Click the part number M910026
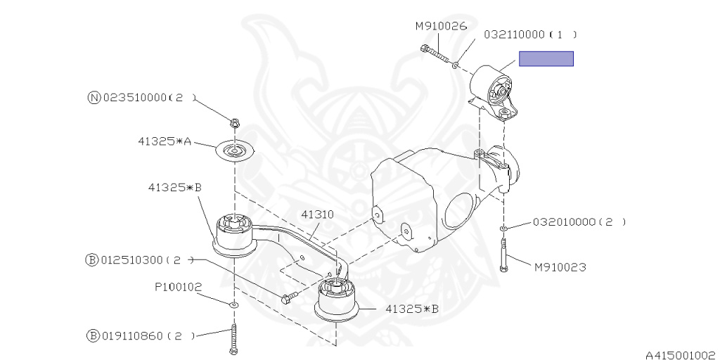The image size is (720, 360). (441, 27)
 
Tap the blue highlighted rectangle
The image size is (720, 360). (546, 59)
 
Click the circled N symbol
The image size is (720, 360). (94, 98)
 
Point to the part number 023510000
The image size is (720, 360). (134, 98)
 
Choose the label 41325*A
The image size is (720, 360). (165, 141)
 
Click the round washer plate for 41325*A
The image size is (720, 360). (235, 150)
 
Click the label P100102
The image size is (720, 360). (178, 288)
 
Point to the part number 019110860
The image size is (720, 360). (131, 336)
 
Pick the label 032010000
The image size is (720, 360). (563, 222)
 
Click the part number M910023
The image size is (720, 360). (560, 266)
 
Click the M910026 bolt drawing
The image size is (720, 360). (435, 54)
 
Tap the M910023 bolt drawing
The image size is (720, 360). (503, 255)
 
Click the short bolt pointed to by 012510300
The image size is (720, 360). (290, 297)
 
